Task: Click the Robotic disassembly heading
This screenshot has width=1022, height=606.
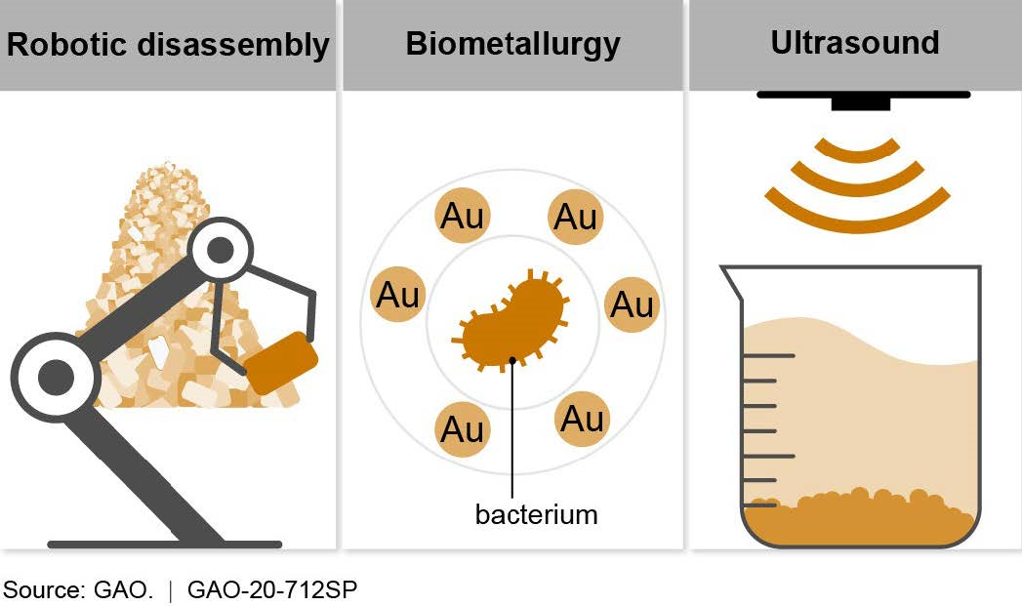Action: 167,46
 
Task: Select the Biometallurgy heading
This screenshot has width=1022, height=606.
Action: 512,46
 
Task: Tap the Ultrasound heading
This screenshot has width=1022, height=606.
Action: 855,43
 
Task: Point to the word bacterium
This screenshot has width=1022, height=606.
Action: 536,514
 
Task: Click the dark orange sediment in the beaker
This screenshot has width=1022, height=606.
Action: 859,517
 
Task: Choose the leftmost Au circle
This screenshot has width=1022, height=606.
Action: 397,294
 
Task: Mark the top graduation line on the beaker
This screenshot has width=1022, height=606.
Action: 768,355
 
